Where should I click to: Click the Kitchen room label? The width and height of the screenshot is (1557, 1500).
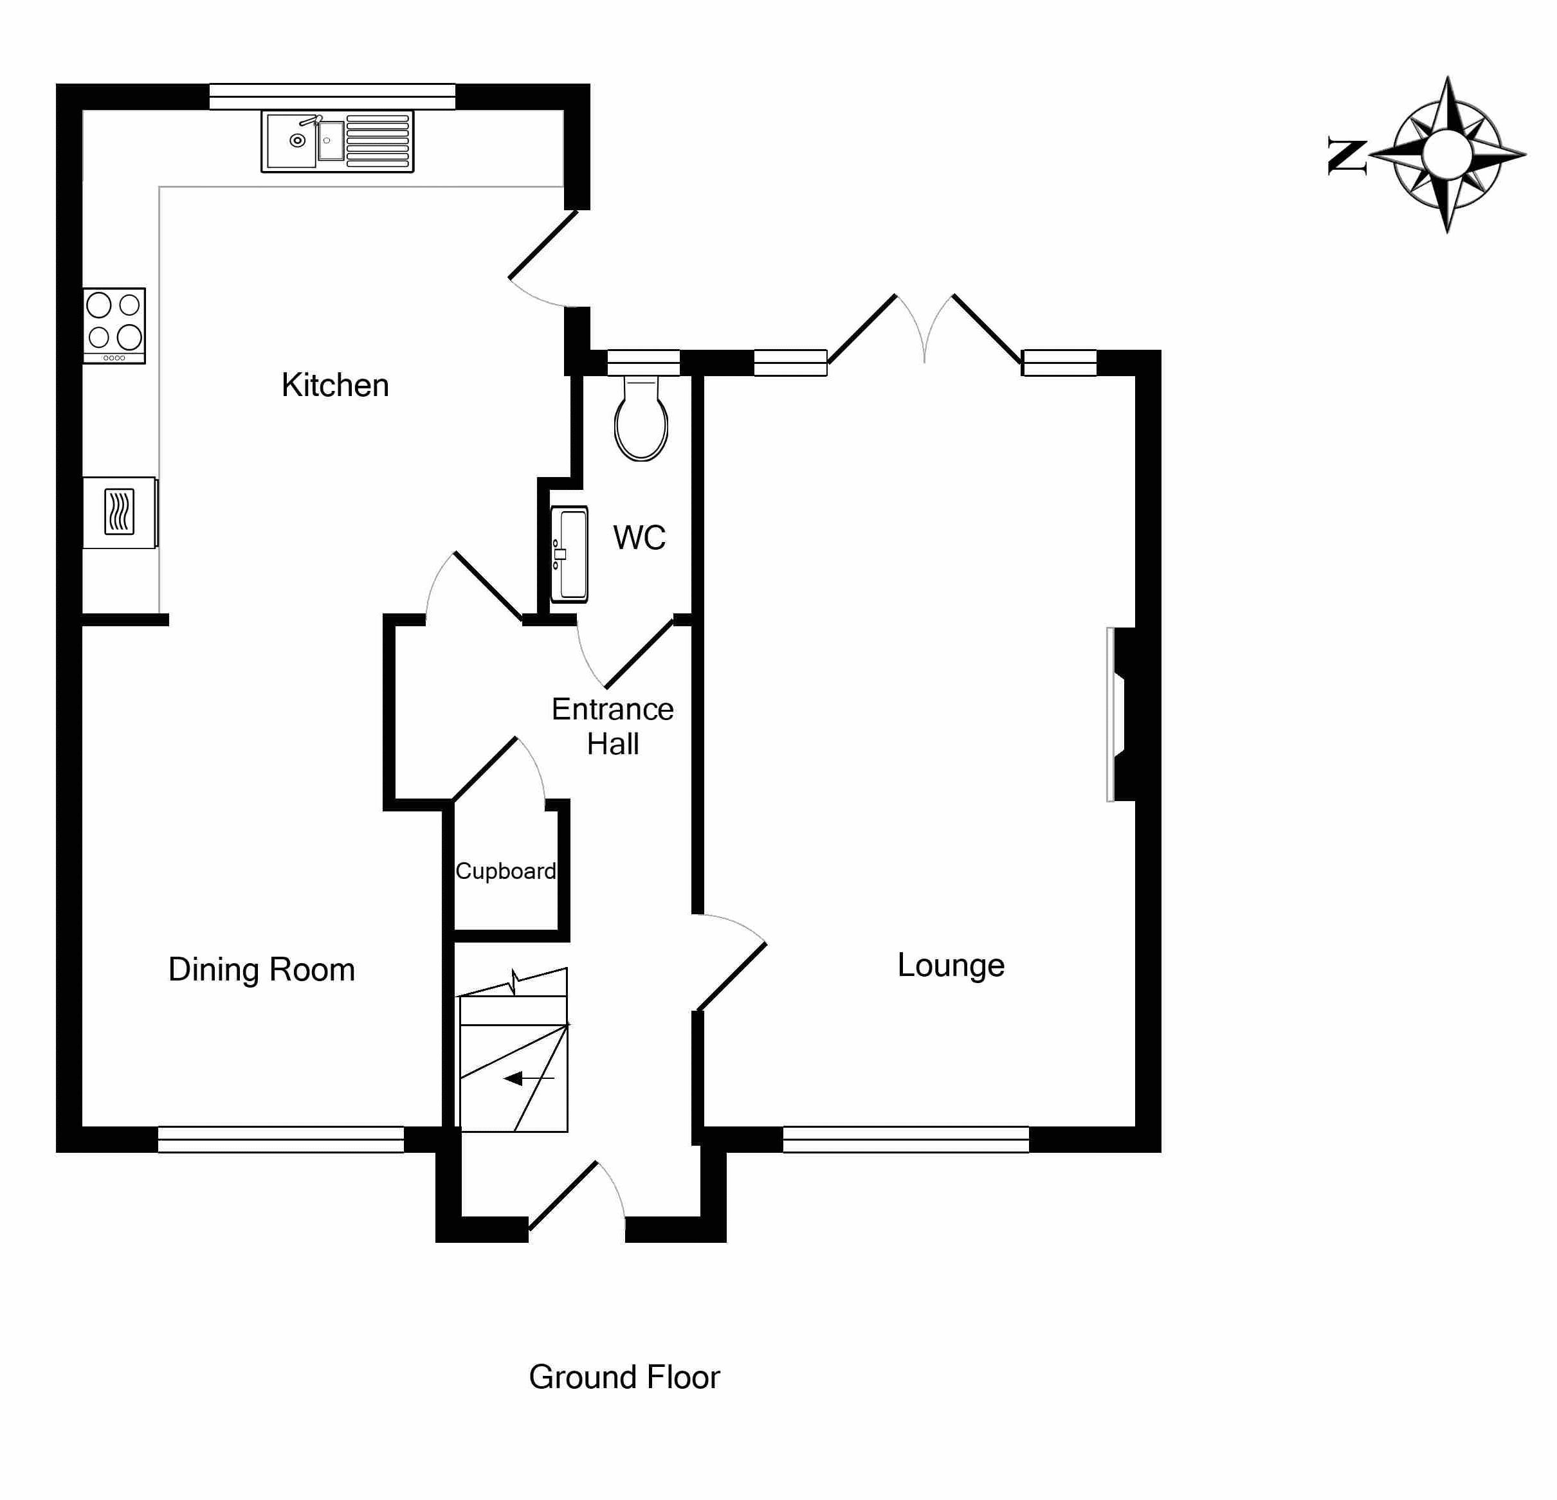(x=334, y=385)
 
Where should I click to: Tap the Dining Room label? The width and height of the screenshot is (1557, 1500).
(x=261, y=970)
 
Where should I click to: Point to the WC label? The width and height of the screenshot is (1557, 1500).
(x=639, y=538)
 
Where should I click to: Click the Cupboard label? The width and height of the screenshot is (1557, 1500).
(x=505, y=871)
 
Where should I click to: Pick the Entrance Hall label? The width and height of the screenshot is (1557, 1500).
(x=612, y=726)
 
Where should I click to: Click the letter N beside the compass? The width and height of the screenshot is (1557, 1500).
(x=1347, y=156)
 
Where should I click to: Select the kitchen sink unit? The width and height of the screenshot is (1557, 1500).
(x=338, y=141)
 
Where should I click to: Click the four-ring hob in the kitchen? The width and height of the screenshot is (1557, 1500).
(x=114, y=325)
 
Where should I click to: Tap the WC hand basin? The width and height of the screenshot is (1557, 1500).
(x=569, y=554)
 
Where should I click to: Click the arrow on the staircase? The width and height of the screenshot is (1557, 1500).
(x=522, y=1078)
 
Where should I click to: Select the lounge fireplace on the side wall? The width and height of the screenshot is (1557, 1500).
(x=1120, y=715)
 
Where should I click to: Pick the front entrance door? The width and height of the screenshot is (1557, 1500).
(x=577, y=1199)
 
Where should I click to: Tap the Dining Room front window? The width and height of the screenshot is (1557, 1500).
(x=280, y=1139)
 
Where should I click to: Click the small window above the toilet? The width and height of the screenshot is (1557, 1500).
(x=644, y=362)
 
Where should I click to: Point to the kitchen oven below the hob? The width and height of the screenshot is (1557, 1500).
(x=119, y=512)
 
